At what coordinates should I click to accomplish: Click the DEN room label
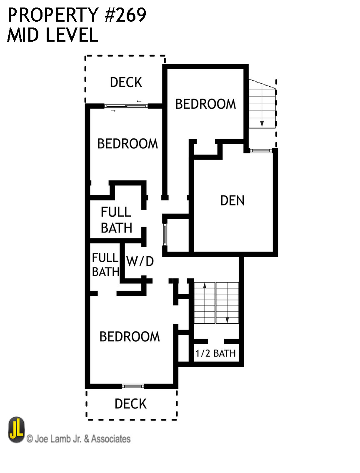click(x=232, y=200)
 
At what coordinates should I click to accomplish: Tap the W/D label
click(x=140, y=262)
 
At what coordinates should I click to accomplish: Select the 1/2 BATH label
click(x=215, y=354)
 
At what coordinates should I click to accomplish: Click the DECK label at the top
click(x=126, y=82)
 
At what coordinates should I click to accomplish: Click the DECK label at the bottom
click(x=130, y=403)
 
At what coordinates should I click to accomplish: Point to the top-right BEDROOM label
click(x=205, y=104)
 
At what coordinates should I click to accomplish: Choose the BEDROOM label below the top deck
click(x=127, y=143)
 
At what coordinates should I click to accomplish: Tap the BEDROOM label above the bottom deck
click(x=130, y=336)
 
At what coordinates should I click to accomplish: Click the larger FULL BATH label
click(x=116, y=220)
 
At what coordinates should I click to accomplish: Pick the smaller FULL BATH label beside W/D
click(x=105, y=265)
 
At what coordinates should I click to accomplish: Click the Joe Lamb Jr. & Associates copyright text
click(x=78, y=438)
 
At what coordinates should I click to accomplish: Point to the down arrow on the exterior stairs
click(x=262, y=123)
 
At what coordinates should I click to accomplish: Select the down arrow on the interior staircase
click(x=227, y=320)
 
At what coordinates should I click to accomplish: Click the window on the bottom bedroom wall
click(x=133, y=386)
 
